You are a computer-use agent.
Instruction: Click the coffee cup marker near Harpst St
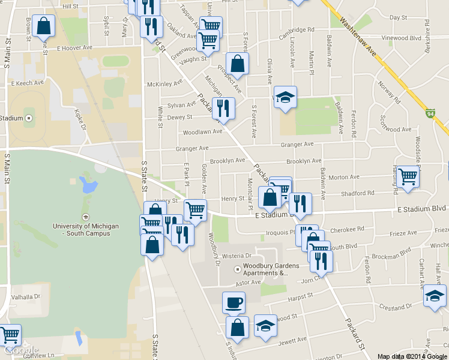pos(234,302)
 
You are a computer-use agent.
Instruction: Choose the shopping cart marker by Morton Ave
pos(408,176)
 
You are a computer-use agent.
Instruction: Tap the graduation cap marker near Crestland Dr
pos(435,295)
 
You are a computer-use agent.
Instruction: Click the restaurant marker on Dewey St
pos(223,108)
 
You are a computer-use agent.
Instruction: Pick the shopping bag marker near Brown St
pos(43,25)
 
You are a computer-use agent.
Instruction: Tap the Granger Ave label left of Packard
pos(192,148)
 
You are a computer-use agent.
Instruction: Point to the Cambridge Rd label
pos(297,30)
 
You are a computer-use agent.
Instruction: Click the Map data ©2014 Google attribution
pos(412,356)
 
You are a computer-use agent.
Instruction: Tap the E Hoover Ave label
pos(74,47)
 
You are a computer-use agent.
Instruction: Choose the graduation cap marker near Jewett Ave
pos(265,325)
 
